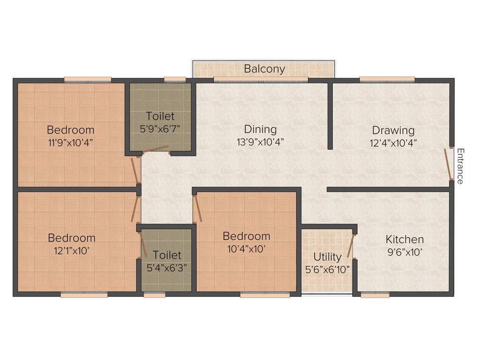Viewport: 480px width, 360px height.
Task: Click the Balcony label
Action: coord(264,69)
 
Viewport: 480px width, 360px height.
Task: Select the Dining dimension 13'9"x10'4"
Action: coord(260,141)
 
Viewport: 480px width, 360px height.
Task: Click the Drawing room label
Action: coord(393,130)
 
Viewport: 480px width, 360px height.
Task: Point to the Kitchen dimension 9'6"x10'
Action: coord(405,252)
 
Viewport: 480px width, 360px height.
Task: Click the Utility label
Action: coord(327,257)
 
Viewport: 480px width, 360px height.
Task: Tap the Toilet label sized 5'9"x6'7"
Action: coord(160,116)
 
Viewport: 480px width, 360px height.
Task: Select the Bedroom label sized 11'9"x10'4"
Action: coord(70,130)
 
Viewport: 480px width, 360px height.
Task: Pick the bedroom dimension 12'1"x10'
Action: coord(71,250)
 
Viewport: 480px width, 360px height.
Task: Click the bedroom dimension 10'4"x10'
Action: coord(247,249)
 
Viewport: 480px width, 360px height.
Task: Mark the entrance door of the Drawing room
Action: coord(448,164)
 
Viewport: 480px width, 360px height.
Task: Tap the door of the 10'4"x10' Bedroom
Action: coord(198,208)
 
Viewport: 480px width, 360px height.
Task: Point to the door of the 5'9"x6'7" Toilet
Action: coord(156,149)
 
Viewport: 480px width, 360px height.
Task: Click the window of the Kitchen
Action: coord(375,295)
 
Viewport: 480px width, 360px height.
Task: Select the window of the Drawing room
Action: coord(387,80)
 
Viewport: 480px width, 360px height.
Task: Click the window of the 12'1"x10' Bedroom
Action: coord(84,295)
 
